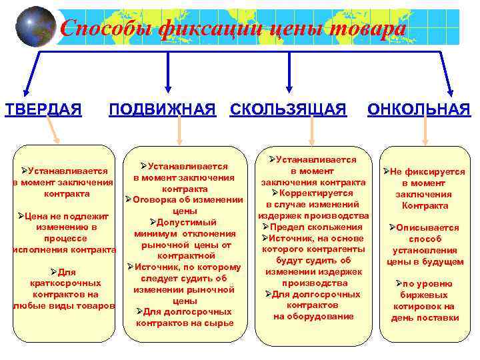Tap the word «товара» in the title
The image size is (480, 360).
coord(365,29)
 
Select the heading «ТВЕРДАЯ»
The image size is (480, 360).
coord(44,109)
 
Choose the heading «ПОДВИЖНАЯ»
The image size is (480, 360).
coord(163,109)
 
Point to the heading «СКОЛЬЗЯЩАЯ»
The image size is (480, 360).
coord(288,109)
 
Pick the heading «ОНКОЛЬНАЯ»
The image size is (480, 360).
coord(419,109)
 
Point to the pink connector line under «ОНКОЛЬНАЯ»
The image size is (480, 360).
coord(425,133)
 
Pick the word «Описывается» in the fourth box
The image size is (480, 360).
coord(427,227)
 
